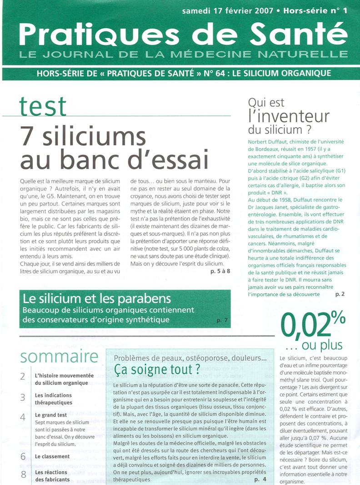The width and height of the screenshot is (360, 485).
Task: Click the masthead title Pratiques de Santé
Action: tap(180, 34)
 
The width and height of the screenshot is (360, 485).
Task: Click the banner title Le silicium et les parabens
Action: tap(97, 300)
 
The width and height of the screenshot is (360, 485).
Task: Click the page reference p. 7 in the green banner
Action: tap(222, 321)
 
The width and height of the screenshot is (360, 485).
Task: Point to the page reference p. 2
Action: tap(340, 294)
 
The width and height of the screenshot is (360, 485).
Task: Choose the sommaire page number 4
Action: tap(23, 416)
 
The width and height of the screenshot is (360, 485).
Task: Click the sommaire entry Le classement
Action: tap(52, 456)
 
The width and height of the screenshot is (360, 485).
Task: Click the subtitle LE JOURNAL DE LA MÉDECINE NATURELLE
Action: tap(180, 55)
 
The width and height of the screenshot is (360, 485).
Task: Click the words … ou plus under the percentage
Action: tap(320, 346)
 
